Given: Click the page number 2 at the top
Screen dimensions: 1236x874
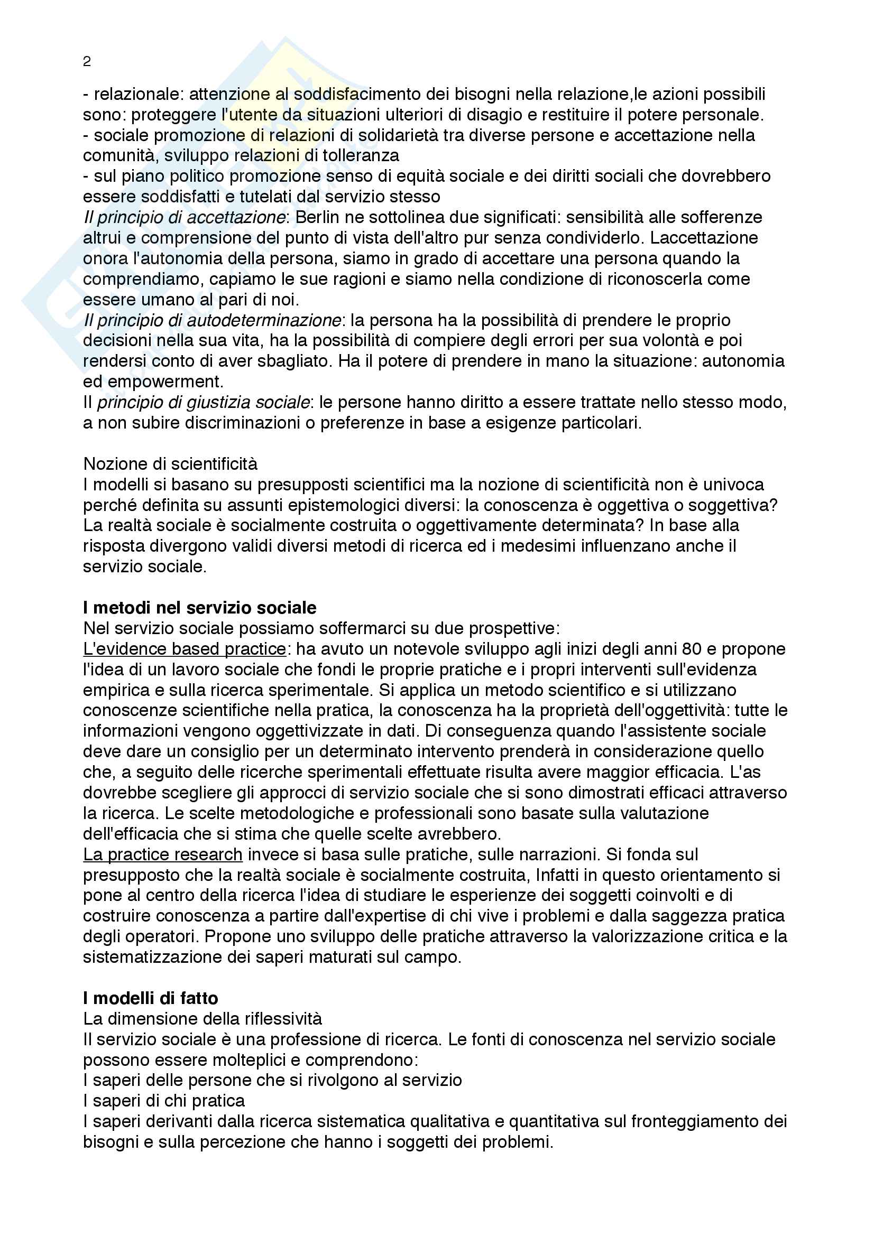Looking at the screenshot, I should coord(87,62).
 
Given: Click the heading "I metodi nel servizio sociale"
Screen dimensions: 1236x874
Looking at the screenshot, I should coord(200,608).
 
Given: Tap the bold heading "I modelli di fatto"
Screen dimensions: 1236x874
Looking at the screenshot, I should coord(151,999).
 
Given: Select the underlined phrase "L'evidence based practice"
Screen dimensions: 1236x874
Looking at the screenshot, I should coord(184,649).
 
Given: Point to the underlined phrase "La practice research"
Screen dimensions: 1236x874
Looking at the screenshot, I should coord(163,854).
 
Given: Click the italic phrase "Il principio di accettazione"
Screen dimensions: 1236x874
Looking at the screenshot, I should coord(184,218).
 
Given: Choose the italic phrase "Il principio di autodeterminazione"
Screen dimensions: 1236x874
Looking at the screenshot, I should coord(212,320).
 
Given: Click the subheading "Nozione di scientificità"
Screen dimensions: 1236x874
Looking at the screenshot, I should coord(170,464).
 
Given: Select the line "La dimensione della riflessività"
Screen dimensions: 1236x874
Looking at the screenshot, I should coord(203,1019).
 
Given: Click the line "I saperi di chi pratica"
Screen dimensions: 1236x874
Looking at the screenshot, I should coord(164,1101).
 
